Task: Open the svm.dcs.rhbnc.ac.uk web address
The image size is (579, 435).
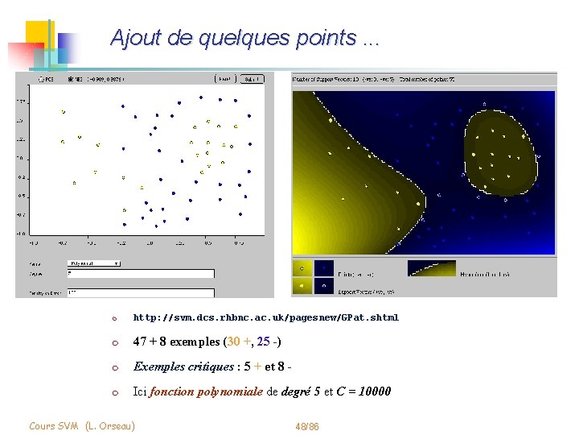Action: click(265, 317)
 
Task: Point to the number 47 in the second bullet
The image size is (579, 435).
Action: click(141, 342)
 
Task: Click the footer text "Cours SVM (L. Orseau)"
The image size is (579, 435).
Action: click(81, 425)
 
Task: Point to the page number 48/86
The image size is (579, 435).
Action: click(307, 425)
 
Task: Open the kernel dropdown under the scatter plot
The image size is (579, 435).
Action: click(94, 263)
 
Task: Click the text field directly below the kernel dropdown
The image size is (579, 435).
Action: click(141, 273)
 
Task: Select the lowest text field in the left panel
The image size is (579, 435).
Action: click(141, 293)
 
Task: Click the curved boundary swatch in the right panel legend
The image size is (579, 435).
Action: click(431, 268)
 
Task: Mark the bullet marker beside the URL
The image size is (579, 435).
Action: click(114, 318)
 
